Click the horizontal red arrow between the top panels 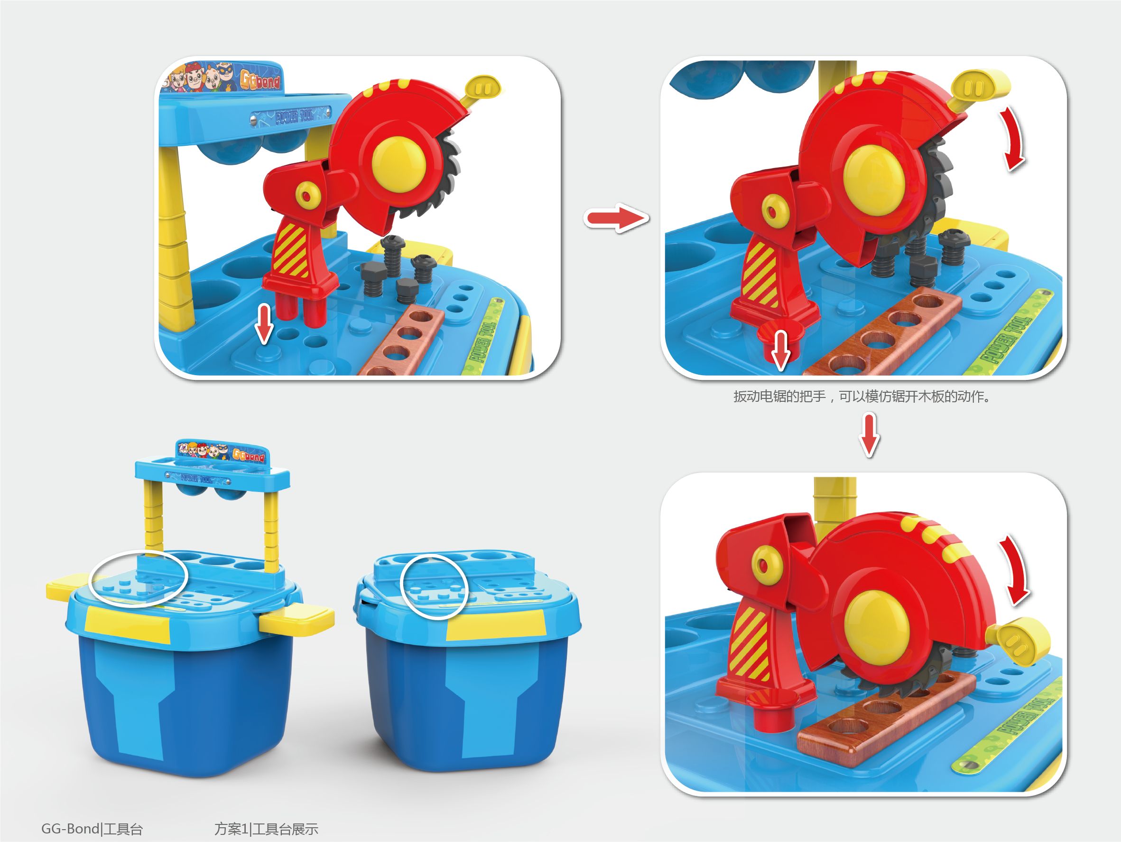click(x=616, y=218)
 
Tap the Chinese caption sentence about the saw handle click(x=862, y=396)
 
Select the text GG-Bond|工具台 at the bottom click(x=92, y=829)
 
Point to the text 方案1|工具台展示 click(x=266, y=829)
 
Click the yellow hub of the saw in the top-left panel click(x=399, y=164)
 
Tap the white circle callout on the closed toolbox click(x=433, y=587)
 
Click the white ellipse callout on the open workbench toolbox click(x=138, y=578)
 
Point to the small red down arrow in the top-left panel click(x=264, y=323)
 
